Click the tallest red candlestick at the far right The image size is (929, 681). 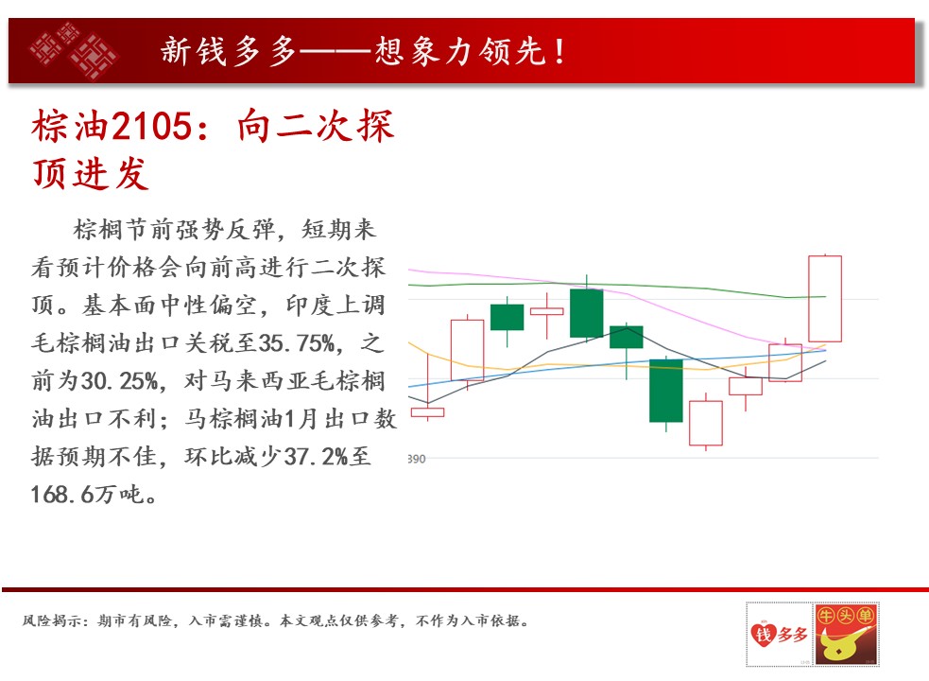[825, 298]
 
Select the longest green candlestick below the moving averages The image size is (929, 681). [666, 391]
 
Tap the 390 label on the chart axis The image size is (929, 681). [417, 459]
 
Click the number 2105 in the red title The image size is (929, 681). [151, 127]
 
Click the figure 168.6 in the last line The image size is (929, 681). [61, 495]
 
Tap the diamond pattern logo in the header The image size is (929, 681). [74, 50]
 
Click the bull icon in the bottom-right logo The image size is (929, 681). [845, 643]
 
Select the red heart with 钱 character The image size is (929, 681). [764, 634]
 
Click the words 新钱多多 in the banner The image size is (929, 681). [228, 51]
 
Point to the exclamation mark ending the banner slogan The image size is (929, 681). [559, 52]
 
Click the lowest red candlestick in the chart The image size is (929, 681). [706, 422]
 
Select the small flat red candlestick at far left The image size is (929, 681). [428, 412]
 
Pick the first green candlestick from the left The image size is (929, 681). [508, 318]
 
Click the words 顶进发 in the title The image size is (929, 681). [90, 174]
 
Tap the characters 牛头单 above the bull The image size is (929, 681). [846, 615]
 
